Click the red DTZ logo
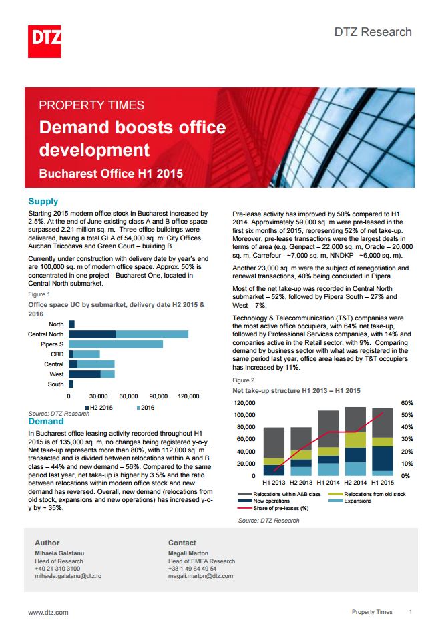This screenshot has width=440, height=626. pos(44,41)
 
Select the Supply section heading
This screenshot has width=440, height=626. pos(43,202)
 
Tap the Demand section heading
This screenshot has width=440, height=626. pos(46,422)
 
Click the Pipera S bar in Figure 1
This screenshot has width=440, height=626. pos(116,344)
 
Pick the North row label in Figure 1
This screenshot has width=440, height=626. pos(56,324)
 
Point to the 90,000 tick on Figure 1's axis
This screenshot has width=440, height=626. pos(158,396)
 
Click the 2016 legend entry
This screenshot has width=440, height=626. pos(146,408)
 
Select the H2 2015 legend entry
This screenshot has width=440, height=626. pos(99,408)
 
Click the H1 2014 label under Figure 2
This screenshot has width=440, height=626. pos(328,483)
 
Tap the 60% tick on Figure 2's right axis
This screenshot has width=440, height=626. pos(407,403)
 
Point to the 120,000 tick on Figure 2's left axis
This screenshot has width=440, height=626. pos(244,403)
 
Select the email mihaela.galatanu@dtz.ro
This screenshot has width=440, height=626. pos(68,576)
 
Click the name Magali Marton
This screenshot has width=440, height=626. pos(188,553)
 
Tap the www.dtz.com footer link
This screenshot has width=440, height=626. pos(48,612)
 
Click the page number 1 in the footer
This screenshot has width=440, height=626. pos(410,611)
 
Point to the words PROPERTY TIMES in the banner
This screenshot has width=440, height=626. pos(91,105)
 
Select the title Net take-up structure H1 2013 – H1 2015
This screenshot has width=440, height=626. pos(296,391)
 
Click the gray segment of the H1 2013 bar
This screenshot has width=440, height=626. pos(274,442)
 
